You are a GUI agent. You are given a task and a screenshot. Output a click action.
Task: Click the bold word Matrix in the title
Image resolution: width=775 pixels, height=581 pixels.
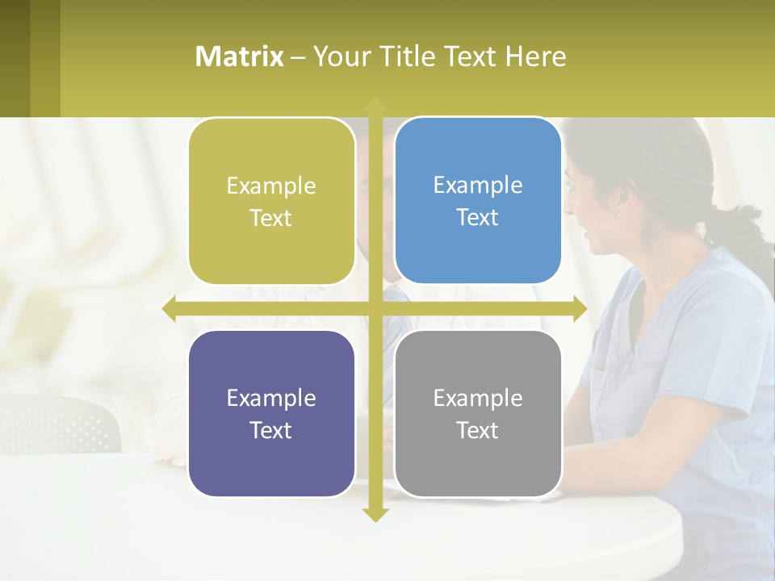tap(239, 56)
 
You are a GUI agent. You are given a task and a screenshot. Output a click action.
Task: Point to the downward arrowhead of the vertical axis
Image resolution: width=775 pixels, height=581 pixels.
tap(375, 514)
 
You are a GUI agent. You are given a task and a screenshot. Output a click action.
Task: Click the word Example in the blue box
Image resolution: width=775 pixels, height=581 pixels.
tap(478, 185)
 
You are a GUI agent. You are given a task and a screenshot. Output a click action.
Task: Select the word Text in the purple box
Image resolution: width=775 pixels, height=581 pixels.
tap(270, 430)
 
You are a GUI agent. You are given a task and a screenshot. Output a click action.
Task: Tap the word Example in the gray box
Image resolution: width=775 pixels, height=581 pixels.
tap(478, 398)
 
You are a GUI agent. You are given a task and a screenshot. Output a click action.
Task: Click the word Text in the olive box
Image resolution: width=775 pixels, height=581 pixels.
tap(270, 218)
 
